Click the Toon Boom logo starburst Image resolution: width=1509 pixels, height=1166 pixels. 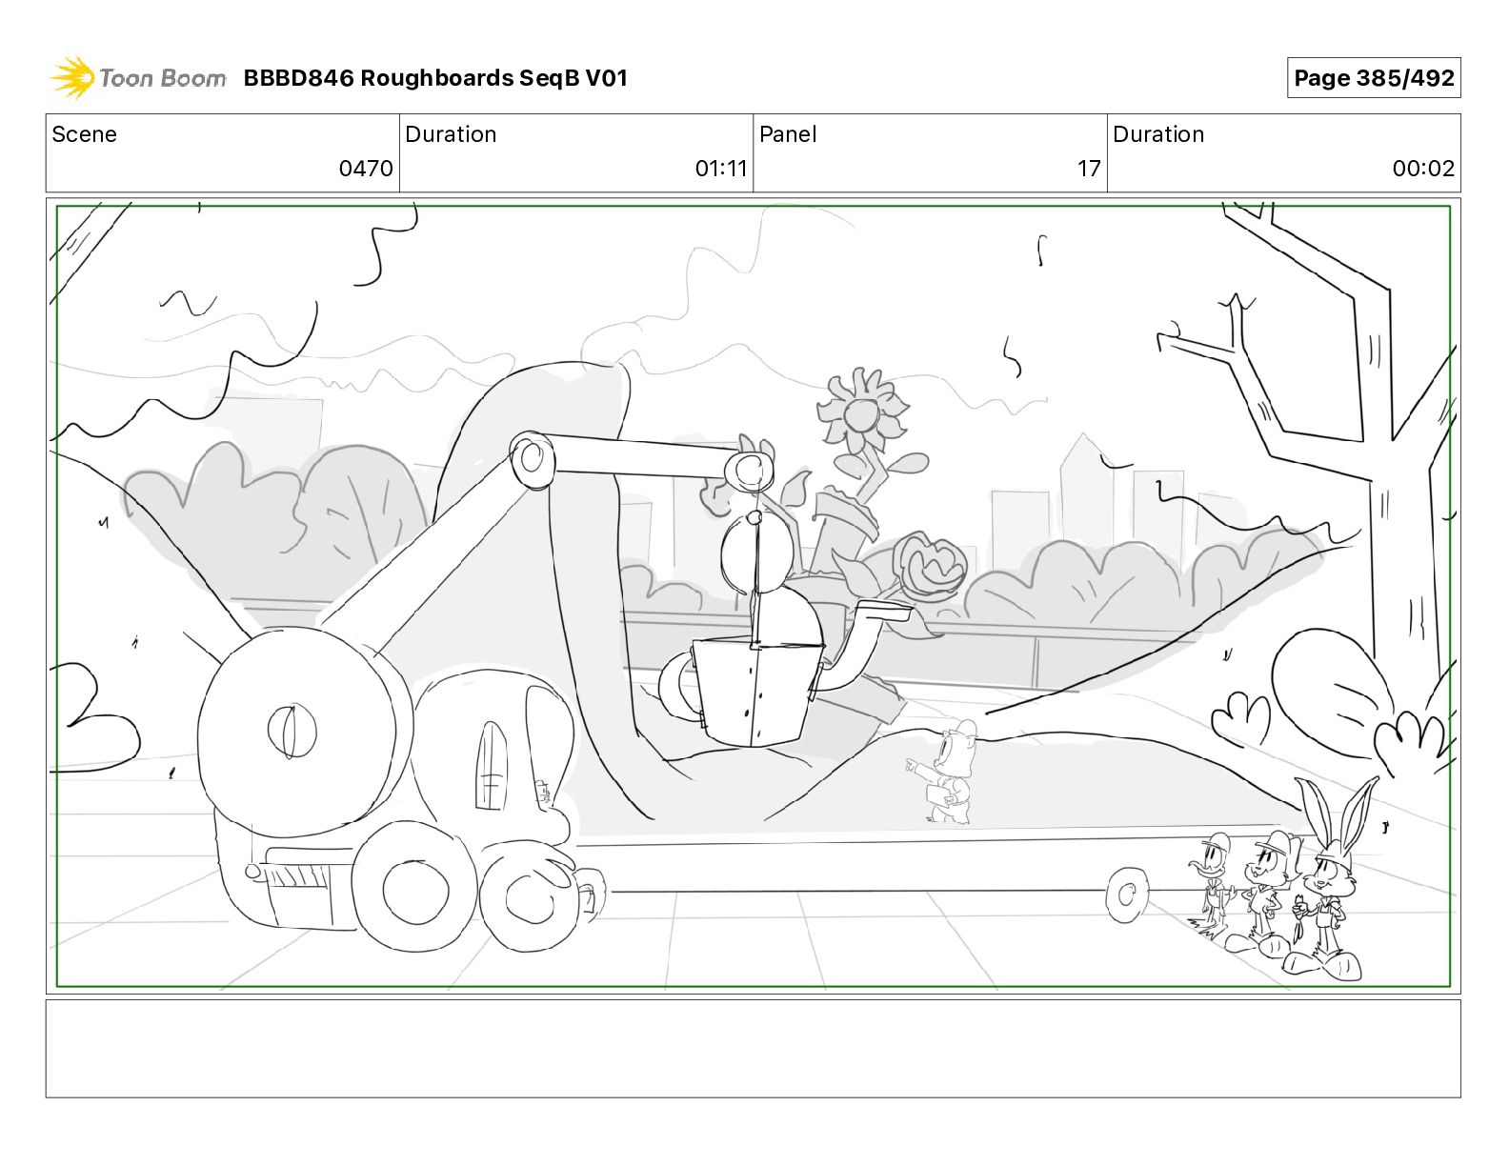pos(72,77)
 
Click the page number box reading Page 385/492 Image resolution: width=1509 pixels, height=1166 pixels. pos(1373,78)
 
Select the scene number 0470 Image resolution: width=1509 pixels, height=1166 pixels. pos(365,168)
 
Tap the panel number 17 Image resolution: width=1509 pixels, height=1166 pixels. pos(1088,168)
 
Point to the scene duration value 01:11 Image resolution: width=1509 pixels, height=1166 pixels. pos(721,168)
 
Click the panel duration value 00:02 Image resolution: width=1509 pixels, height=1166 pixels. pos(1423,168)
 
